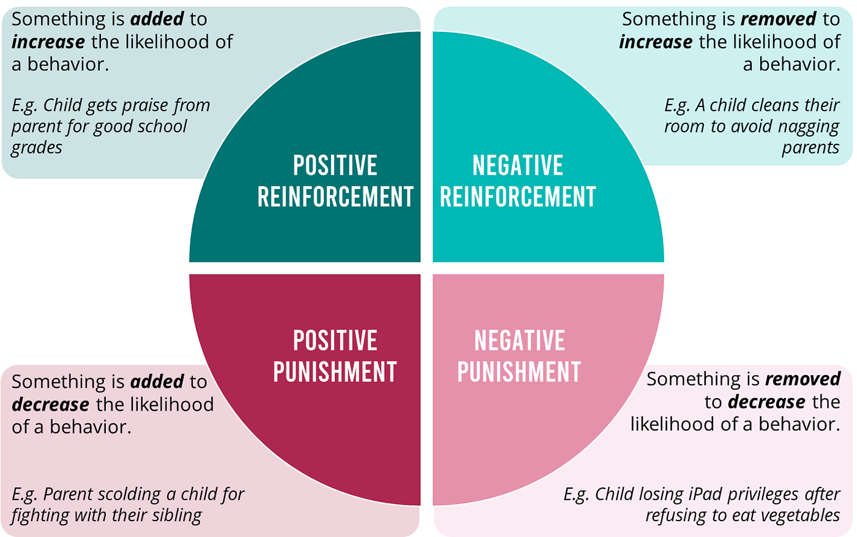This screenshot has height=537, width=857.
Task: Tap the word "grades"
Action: [x=37, y=148]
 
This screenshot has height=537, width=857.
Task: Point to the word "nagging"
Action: [x=809, y=127]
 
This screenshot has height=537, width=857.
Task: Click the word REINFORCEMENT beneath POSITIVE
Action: [x=335, y=198]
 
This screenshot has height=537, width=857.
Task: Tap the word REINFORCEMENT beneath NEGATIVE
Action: [x=518, y=198]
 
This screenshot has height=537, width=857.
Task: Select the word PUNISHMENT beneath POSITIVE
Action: [x=335, y=372]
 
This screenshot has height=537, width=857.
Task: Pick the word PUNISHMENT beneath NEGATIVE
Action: [x=519, y=372]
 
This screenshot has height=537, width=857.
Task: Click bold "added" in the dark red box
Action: [x=157, y=382]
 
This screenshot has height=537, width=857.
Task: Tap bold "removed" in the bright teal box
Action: [x=778, y=20]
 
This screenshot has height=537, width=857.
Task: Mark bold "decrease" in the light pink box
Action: [x=766, y=402]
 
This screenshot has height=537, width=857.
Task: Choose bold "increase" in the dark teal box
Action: [x=48, y=42]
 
